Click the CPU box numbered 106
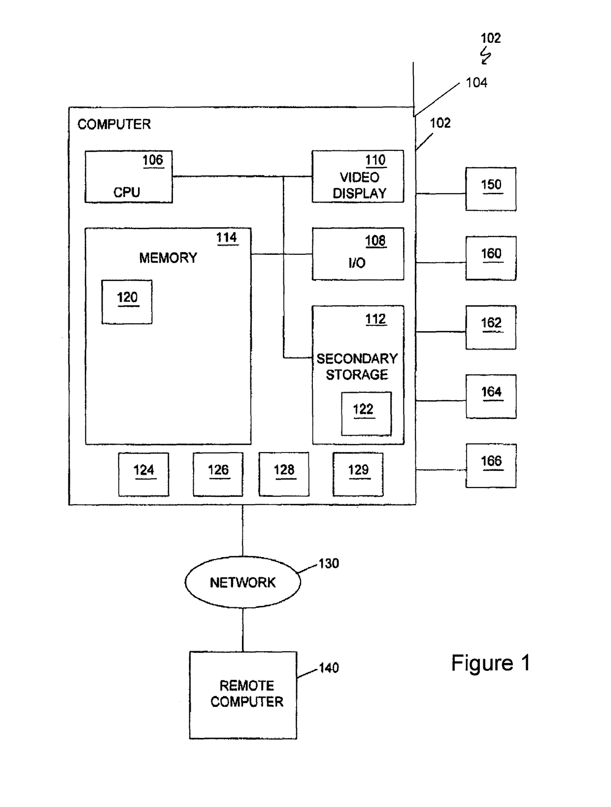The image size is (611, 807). tap(129, 176)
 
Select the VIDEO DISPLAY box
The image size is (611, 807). tap(358, 176)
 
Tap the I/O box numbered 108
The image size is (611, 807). tap(358, 254)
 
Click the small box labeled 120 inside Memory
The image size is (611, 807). tap(127, 302)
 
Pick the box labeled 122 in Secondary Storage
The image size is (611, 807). tap(366, 414)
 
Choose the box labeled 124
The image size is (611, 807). tap(143, 474)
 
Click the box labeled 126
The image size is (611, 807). tap(218, 474)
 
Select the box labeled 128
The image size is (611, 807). tap(284, 474)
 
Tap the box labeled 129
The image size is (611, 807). tap(358, 474)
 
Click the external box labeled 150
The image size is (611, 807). tap(490, 189)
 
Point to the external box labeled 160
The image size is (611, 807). tap(490, 258)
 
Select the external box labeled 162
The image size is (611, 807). tap(490, 327)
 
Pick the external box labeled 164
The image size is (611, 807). tap(491, 396)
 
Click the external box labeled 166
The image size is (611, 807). tap(491, 465)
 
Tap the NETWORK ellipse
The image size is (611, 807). tap(242, 582)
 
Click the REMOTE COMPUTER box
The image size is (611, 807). tap(243, 695)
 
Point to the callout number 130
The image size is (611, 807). tap(329, 563)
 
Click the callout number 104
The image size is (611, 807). tap(476, 83)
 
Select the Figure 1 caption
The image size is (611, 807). tap(490, 664)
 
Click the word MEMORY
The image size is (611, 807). tap(168, 258)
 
